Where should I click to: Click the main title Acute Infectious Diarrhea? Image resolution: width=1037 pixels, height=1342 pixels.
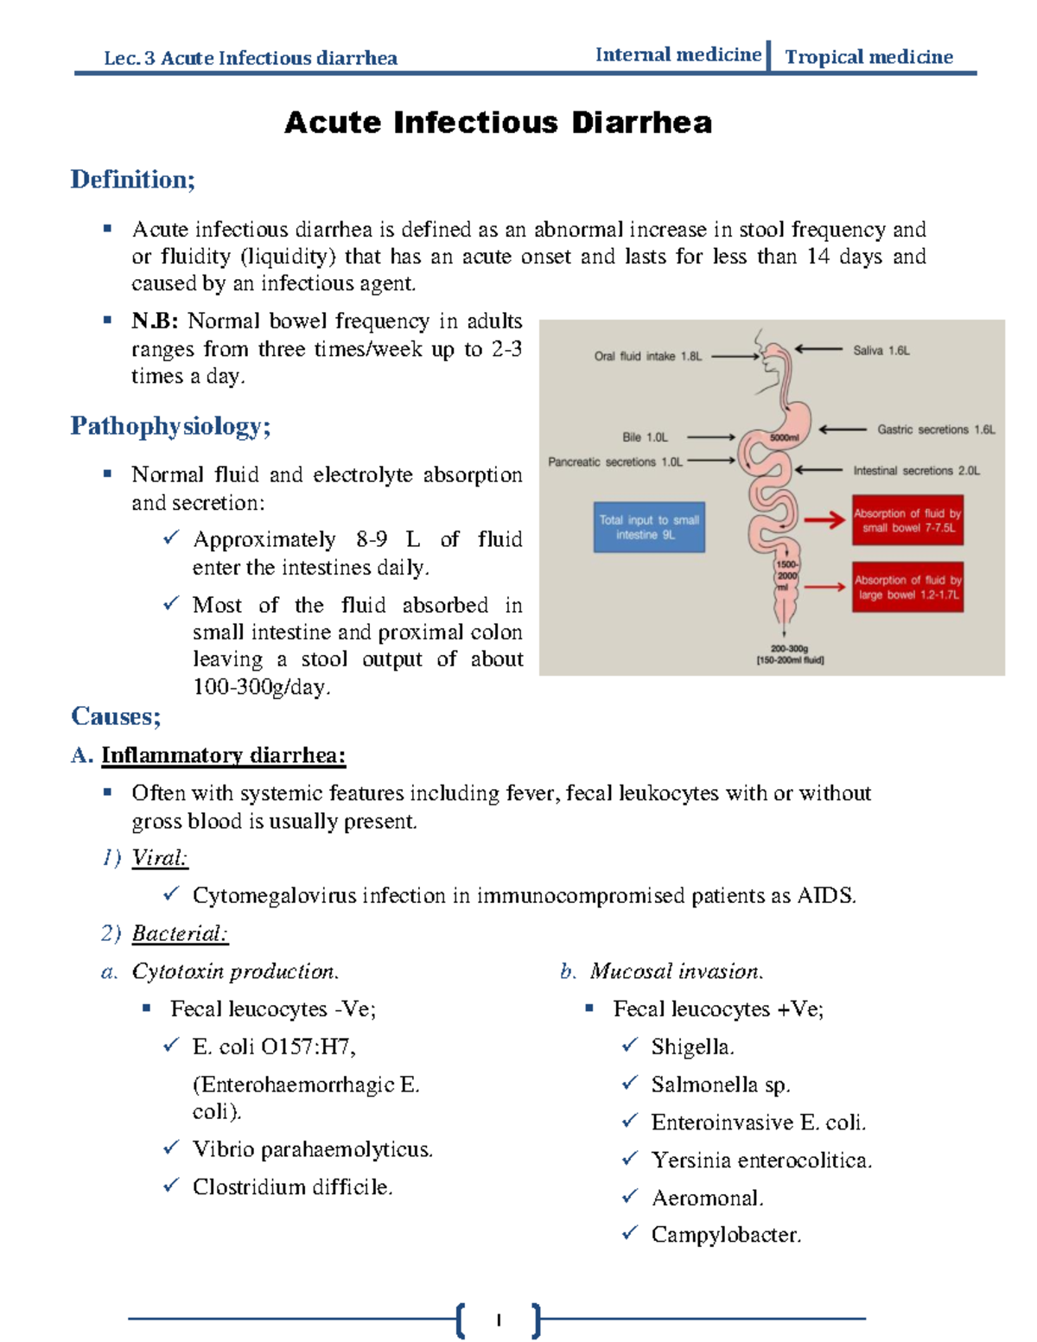click(498, 123)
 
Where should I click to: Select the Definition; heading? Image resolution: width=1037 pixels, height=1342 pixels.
click(133, 180)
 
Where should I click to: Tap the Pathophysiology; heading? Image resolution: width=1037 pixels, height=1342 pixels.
click(170, 426)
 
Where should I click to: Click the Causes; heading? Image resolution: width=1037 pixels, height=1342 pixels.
click(116, 716)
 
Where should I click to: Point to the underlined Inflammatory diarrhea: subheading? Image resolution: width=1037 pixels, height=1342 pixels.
click(223, 755)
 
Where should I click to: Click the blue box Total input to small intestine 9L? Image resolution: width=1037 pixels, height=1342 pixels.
click(649, 527)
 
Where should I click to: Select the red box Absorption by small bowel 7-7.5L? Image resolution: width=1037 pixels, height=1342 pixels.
click(907, 520)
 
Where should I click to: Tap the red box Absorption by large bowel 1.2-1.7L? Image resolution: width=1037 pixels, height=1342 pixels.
click(907, 588)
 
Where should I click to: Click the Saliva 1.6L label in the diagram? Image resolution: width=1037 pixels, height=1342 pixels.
click(881, 351)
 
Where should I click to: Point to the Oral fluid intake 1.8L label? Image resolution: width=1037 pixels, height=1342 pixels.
click(648, 356)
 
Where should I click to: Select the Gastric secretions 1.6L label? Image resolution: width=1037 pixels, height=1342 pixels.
click(936, 429)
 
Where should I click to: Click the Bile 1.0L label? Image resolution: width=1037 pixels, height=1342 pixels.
click(645, 437)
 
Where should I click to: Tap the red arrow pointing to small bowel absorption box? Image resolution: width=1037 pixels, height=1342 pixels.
click(824, 520)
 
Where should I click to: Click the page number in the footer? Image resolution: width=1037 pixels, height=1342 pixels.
click(499, 1320)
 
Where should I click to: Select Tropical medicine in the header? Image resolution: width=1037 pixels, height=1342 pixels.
click(868, 57)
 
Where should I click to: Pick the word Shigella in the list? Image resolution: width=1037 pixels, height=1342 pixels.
click(692, 1047)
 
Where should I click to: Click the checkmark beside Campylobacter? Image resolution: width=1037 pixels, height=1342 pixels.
click(630, 1233)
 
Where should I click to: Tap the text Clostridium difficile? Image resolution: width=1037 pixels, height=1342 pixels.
click(292, 1187)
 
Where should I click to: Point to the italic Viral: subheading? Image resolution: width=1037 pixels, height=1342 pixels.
click(159, 858)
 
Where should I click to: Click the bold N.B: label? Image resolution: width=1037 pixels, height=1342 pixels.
click(155, 321)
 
